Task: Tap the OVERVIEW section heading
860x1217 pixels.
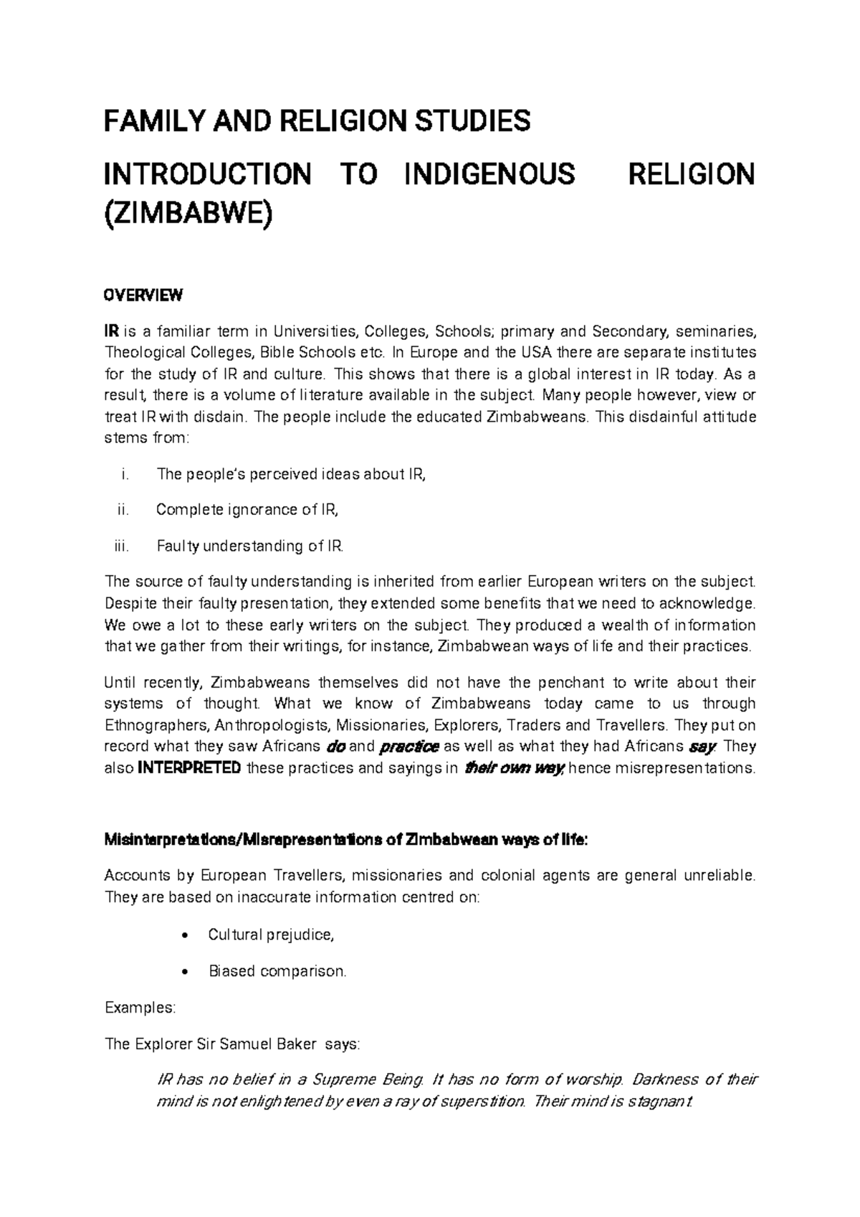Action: coord(144,295)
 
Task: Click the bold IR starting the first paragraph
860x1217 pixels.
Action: coord(111,331)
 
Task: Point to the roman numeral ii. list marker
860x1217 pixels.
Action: coord(123,510)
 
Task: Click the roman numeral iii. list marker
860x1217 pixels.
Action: coord(121,546)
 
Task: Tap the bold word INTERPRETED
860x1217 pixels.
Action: coord(188,768)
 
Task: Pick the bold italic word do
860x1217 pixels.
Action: coord(335,747)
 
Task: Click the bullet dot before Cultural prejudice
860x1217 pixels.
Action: coord(186,936)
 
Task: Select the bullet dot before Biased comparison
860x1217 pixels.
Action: coord(186,972)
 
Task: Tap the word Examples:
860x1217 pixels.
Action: coord(140,1008)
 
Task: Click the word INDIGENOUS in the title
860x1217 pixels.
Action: coord(489,174)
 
